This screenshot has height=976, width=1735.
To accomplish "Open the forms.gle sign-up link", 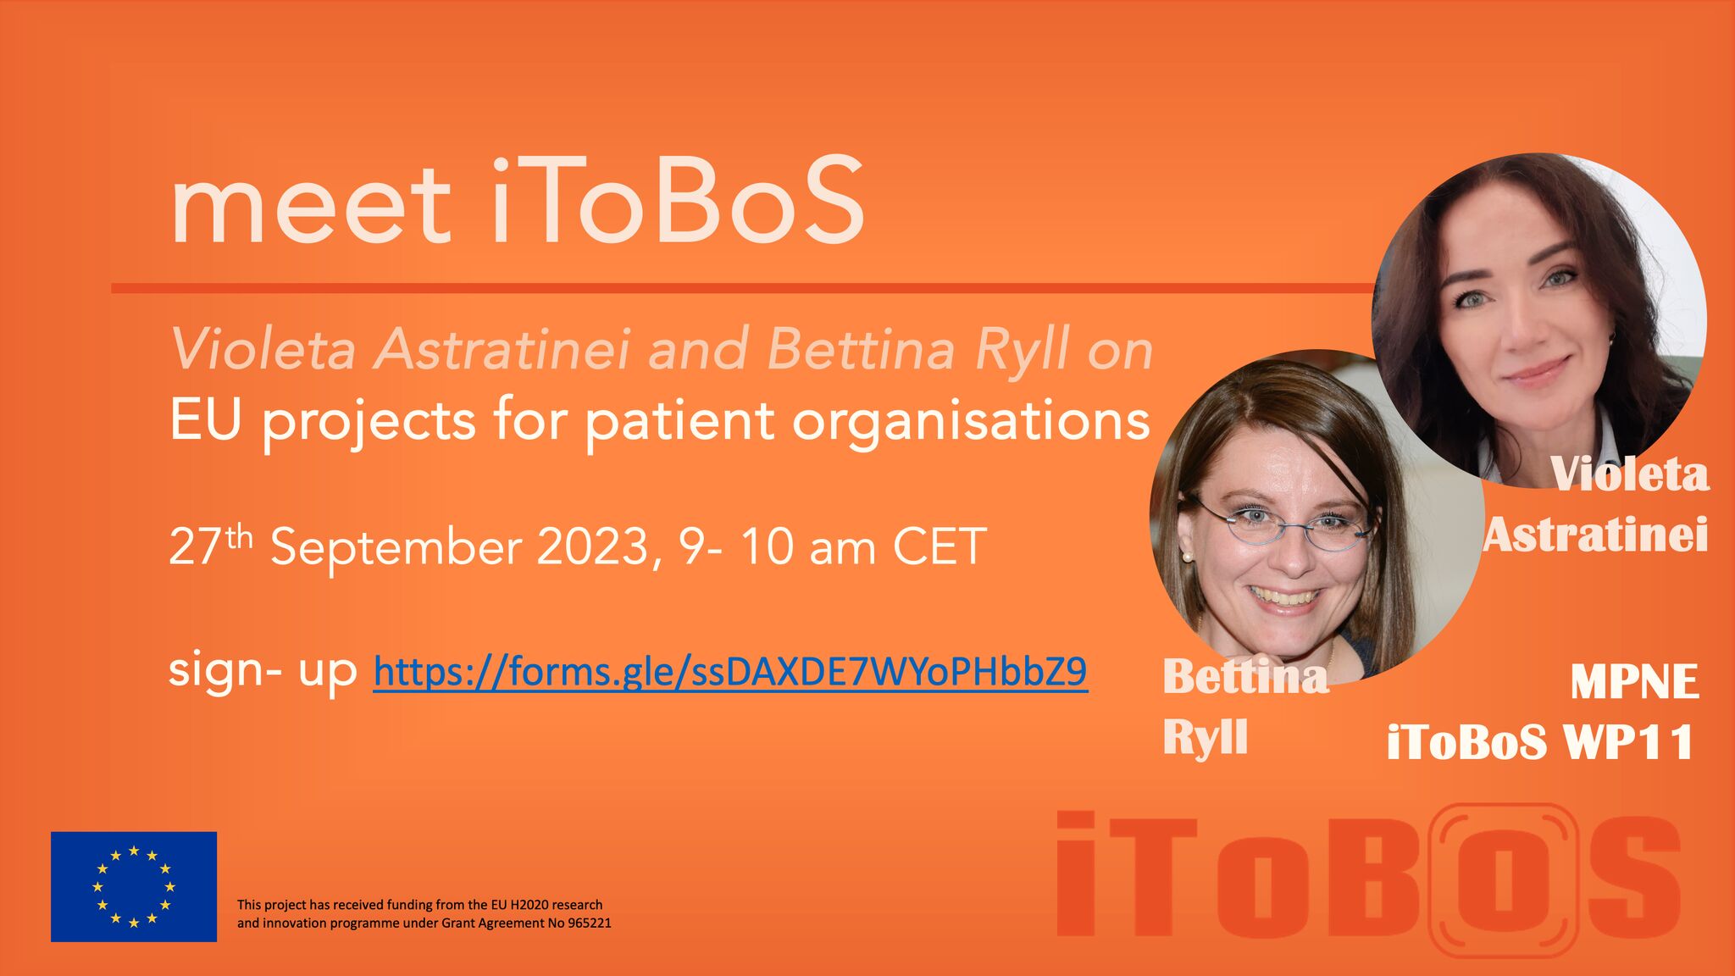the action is pyautogui.click(x=730, y=672).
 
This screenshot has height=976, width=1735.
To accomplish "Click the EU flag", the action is pyautogui.click(x=134, y=886).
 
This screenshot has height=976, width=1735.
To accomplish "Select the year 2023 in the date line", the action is pyautogui.click(x=593, y=546).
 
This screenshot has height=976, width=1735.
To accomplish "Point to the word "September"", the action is pyautogui.click(x=396, y=548).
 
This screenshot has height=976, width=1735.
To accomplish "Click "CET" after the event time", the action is pyautogui.click(x=940, y=546).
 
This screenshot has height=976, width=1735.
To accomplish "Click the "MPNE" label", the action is pyautogui.click(x=1634, y=682).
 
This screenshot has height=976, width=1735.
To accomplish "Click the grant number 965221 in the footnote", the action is pyautogui.click(x=587, y=923).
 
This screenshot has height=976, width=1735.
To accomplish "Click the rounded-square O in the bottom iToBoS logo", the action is pyautogui.click(x=1503, y=881).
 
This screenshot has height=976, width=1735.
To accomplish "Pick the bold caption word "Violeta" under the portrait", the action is pyautogui.click(x=1628, y=474).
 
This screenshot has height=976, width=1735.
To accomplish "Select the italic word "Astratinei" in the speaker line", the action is pyautogui.click(x=503, y=349).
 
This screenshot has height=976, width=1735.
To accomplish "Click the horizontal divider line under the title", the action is pyautogui.click(x=742, y=288).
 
